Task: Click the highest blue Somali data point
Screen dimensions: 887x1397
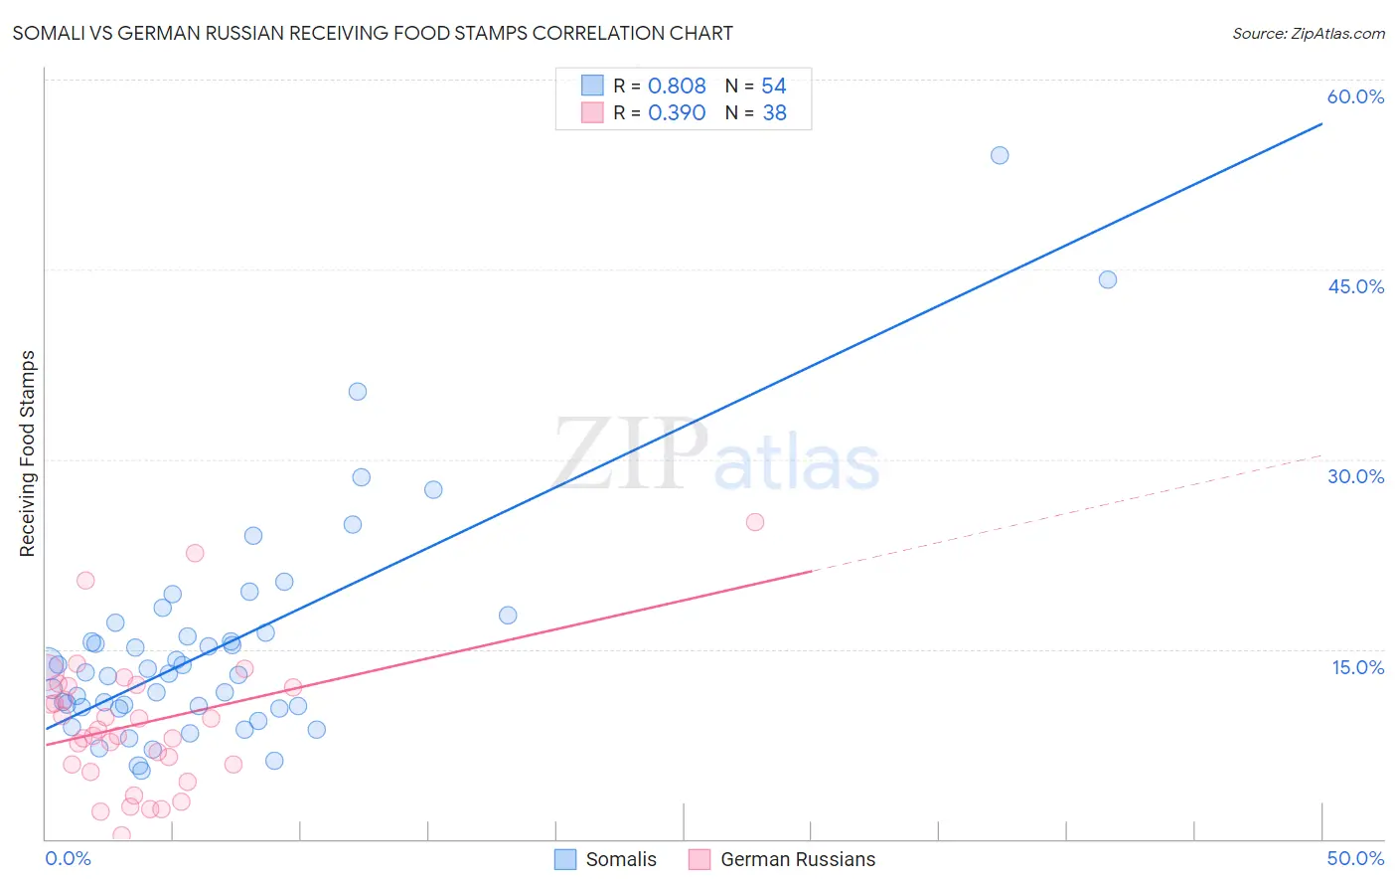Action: click(x=1000, y=155)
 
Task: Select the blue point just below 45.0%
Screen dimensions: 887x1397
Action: click(x=1108, y=279)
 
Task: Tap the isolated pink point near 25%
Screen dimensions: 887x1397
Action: click(x=755, y=522)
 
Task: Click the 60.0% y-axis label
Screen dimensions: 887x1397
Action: click(x=1355, y=96)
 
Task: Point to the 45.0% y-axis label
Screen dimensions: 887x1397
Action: click(x=1355, y=286)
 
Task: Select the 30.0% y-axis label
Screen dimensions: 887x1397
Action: click(x=1355, y=476)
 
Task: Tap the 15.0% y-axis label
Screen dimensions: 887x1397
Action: click(x=1357, y=667)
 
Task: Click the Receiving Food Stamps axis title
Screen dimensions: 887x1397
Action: click(x=28, y=453)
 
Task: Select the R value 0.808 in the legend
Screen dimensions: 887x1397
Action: click(x=677, y=87)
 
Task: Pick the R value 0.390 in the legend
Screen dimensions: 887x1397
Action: click(x=677, y=113)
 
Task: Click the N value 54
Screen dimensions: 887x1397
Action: click(x=774, y=87)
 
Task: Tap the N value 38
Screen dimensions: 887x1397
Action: click(x=774, y=113)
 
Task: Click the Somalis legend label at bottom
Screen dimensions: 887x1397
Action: click(x=621, y=860)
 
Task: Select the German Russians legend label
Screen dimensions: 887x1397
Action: click(x=798, y=860)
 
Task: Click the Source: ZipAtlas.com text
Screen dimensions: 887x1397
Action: click(x=1309, y=34)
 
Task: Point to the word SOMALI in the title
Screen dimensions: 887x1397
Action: click(x=47, y=34)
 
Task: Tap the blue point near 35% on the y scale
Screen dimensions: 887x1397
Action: click(x=358, y=392)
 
